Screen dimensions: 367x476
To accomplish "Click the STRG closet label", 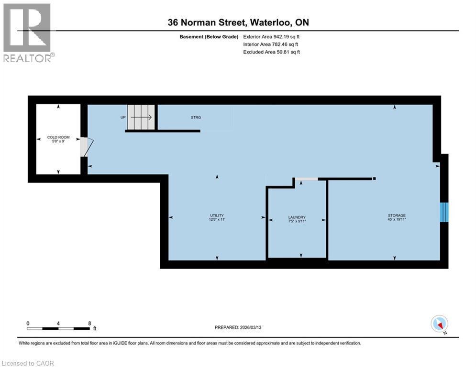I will [x=195, y=117].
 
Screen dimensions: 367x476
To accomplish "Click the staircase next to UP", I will [x=141, y=117].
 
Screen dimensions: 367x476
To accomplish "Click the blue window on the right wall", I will [x=444, y=212].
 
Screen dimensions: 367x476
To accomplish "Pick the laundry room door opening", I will [x=306, y=179].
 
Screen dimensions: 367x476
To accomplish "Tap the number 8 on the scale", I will [x=89, y=323].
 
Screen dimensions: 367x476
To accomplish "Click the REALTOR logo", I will [x=28, y=32].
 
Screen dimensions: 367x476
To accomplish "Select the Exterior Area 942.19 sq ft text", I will [x=271, y=36].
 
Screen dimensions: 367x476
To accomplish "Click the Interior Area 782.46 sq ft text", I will [x=271, y=44].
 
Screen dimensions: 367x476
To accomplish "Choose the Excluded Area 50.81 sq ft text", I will [x=271, y=52].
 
